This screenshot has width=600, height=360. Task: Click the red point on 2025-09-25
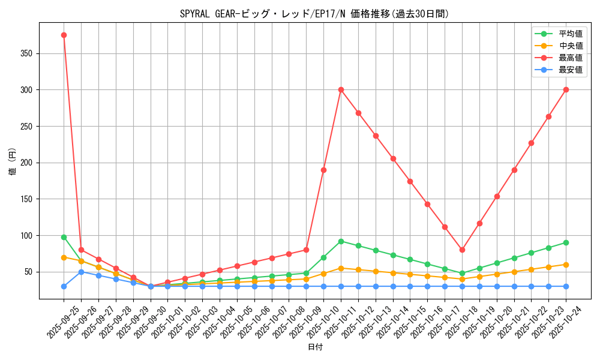coord(64,35)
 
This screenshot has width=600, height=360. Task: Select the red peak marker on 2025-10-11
coord(341,89)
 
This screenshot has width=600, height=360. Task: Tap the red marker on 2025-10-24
coord(566,89)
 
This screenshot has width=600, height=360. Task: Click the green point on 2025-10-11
coord(341,241)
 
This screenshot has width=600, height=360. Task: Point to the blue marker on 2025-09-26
coord(81,272)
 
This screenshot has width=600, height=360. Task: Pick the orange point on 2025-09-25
coord(64,257)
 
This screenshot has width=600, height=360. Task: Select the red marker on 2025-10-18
coord(462,250)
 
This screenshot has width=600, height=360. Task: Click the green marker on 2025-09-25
coord(64,237)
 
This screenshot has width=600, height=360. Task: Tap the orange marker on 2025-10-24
coord(566,265)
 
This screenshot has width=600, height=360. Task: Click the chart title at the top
coord(314,14)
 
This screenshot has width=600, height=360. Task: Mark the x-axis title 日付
coord(315,347)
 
